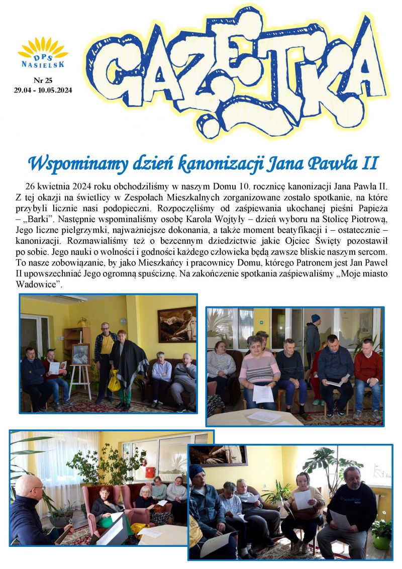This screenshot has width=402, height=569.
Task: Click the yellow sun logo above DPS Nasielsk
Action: tap(43, 48)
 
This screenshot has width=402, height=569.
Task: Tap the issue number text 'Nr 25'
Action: tap(43, 80)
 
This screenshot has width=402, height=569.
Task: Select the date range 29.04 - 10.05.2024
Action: tap(43, 90)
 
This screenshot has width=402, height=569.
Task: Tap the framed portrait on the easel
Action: tap(80, 354)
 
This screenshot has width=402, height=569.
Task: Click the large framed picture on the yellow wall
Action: tap(176, 324)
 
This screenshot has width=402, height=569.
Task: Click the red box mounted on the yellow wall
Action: tap(149, 472)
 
